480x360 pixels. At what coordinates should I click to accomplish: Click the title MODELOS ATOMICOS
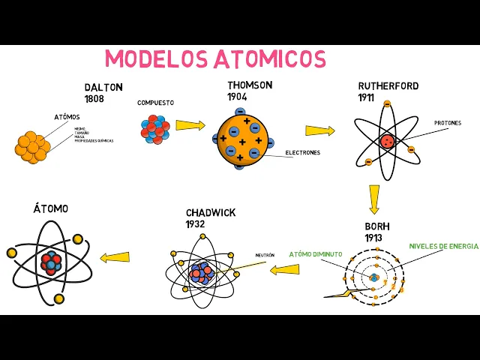coord(215,59)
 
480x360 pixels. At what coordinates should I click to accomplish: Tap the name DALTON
coord(103,88)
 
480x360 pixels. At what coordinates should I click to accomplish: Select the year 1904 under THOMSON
coord(238,97)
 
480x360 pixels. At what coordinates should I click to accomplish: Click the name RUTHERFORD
coord(388,86)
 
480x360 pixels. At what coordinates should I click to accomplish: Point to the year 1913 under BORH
coord(374,238)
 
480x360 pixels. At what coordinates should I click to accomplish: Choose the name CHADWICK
coord(211,213)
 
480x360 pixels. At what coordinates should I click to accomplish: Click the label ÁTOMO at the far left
coord(50,208)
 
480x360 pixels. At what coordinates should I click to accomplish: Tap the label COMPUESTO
coord(155,103)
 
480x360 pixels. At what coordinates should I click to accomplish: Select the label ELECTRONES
coord(302,153)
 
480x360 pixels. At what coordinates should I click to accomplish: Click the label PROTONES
coord(448,123)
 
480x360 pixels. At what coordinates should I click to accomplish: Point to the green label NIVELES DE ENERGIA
coord(443,246)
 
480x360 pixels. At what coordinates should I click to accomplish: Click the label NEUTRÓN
coord(265,255)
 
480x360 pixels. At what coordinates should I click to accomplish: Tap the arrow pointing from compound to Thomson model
coord(190,125)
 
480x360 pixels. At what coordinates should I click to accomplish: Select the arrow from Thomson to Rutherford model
coord(319,130)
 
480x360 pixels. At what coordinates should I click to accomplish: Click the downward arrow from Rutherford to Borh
coord(373,199)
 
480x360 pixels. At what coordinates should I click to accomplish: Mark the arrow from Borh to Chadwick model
coord(285,269)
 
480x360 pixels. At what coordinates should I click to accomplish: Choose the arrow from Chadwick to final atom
coord(115,257)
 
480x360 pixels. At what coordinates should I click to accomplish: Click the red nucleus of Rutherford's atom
coord(387,140)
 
